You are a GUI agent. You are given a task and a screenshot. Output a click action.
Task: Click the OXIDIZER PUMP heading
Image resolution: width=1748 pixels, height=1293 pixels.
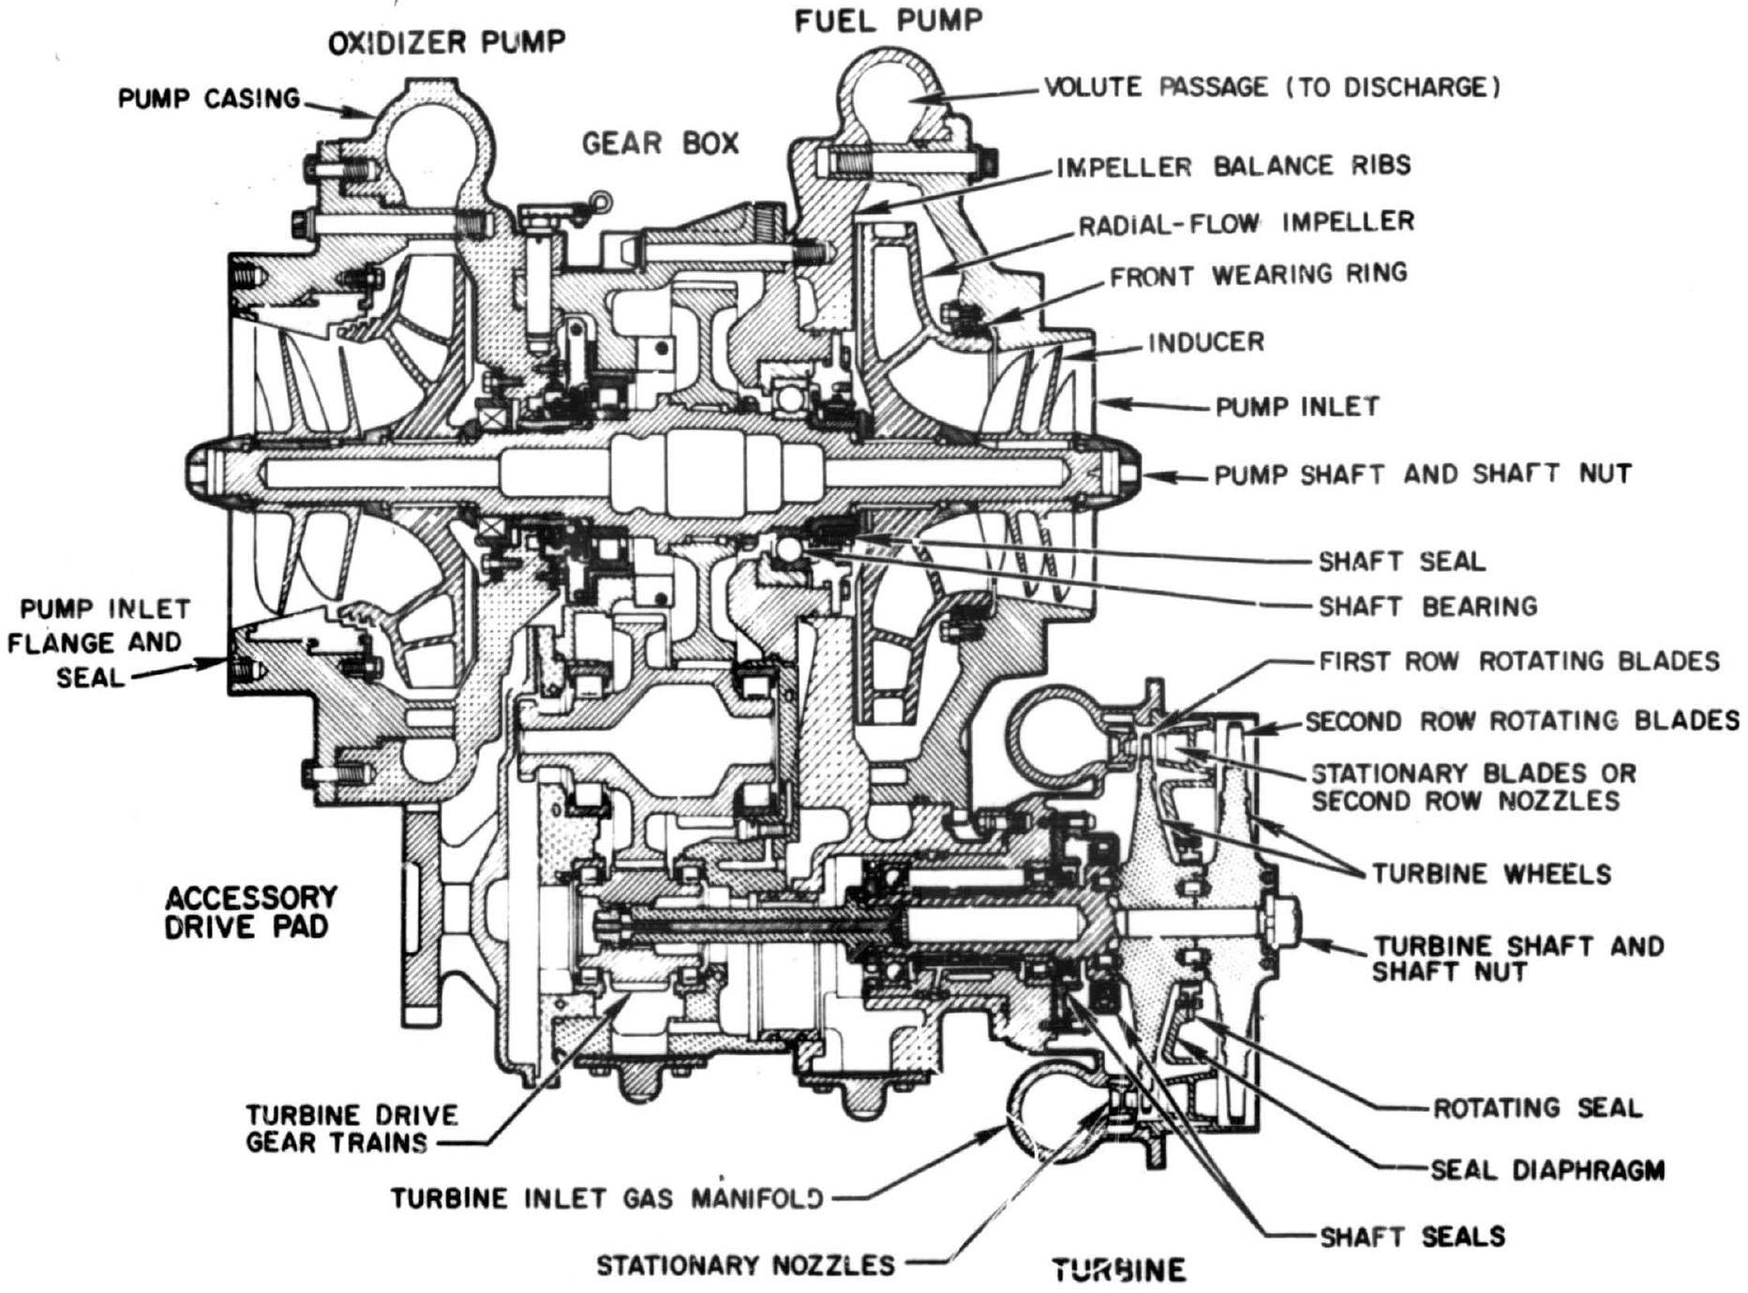pos(446,42)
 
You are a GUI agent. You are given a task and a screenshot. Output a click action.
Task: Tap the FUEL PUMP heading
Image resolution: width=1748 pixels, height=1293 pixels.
pos(889,21)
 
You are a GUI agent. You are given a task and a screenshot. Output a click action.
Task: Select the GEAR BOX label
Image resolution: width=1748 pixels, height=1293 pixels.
pos(660,143)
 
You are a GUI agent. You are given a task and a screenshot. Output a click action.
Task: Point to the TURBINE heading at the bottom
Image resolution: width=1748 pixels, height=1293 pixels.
pos(1118,1270)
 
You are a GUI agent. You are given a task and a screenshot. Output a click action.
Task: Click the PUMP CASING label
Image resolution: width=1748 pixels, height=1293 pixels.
pos(208,98)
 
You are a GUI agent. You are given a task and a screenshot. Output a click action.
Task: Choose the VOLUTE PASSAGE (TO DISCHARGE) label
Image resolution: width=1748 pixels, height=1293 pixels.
pos(1272,87)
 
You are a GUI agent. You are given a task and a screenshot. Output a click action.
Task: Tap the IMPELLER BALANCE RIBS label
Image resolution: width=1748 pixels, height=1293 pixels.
pos(1233,166)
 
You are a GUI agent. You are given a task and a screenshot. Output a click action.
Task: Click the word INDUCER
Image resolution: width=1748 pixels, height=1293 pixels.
pos(1206,342)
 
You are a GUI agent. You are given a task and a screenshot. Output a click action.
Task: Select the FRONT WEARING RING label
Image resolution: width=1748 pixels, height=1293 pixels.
pos(1258,275)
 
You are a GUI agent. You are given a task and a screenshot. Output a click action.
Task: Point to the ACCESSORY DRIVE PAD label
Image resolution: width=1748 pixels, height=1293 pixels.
pos(250,912)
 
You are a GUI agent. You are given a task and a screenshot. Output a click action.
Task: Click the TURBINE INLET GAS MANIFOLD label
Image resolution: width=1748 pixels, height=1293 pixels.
pos(607,1198)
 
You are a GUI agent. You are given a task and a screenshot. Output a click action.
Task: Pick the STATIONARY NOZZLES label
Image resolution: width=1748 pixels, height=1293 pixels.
pos(746,1266)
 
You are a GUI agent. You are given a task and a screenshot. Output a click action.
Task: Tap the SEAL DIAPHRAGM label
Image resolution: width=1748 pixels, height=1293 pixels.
pos(1546,1170)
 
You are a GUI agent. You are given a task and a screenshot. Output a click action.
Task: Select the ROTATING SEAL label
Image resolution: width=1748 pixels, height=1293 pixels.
pos(1537,1108)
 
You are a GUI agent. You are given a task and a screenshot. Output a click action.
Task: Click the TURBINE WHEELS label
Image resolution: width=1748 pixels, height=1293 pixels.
pos(1491,874)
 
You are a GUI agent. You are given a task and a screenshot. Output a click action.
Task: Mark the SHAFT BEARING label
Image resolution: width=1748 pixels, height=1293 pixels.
pos(1427,607)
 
